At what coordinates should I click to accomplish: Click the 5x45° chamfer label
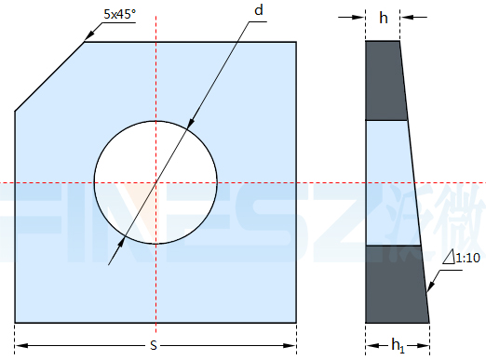119,14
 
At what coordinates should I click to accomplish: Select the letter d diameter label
259,10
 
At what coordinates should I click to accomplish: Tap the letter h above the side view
384,18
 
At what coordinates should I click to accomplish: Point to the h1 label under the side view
398,346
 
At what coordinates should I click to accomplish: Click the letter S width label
154,345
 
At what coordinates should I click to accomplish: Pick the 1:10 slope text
467,258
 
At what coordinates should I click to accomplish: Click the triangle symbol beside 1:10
449,258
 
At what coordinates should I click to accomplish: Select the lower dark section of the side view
396,285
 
